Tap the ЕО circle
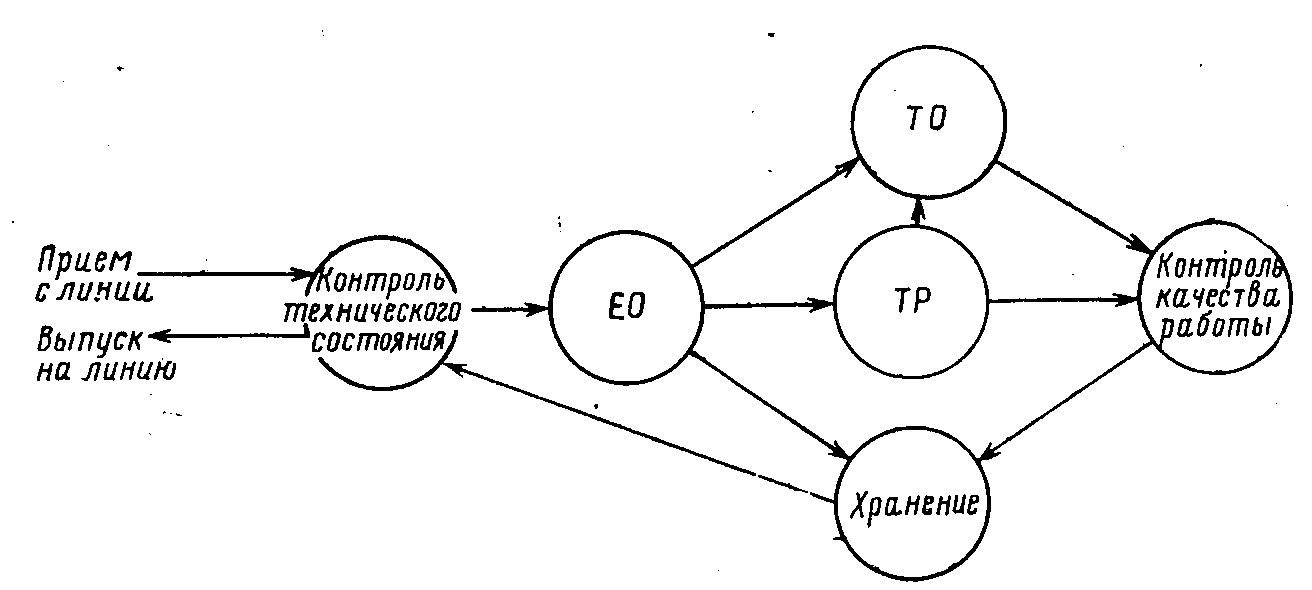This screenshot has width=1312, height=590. [627, 306]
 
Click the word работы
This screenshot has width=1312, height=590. [1213, 328]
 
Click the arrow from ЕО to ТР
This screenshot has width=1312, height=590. [768, 304]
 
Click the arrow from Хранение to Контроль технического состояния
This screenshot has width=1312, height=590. [640, 430]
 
